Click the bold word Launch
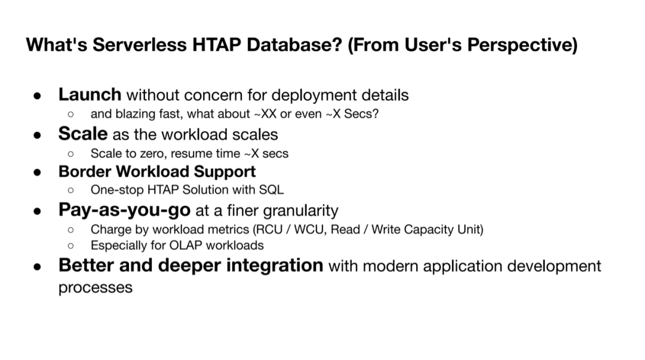pos(90,95)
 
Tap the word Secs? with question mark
pos(361,114)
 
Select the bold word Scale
pos(82,134)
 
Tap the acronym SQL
pos(271,190)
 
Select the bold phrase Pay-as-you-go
pos(124,210)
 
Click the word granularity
pos(300,211)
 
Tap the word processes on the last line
pos(96,288)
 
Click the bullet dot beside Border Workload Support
pos(38,173)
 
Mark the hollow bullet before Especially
pos(70,246)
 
